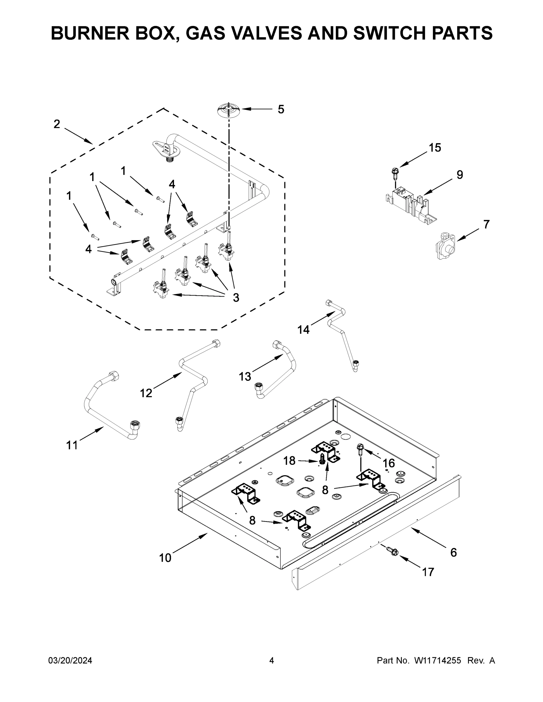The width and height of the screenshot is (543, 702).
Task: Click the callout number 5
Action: [281, 110]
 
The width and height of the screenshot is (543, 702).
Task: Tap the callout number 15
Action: [435, 148]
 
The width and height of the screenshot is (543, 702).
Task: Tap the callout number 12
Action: [146, 393]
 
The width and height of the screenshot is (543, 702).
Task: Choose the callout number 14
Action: [303, 329]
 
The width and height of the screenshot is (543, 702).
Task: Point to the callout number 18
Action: [289, 461]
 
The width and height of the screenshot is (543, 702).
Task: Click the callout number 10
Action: [165, 558]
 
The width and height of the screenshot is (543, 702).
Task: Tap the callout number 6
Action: [453, 553]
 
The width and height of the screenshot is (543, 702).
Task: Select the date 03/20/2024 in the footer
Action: [70, 660]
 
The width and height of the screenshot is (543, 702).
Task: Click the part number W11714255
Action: [438, 660]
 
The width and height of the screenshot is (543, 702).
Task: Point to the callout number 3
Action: [236, 298]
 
